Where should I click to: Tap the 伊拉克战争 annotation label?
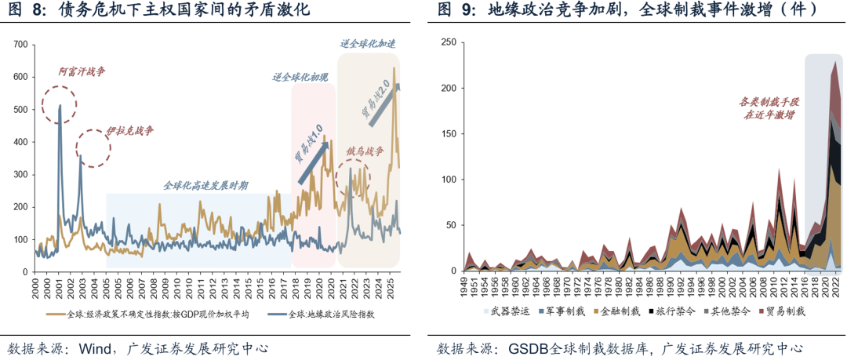coord(125,129)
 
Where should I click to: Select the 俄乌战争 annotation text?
coord(365,151)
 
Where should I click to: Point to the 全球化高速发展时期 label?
coord(205,186)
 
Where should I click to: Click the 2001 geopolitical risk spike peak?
coord(60,106)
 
